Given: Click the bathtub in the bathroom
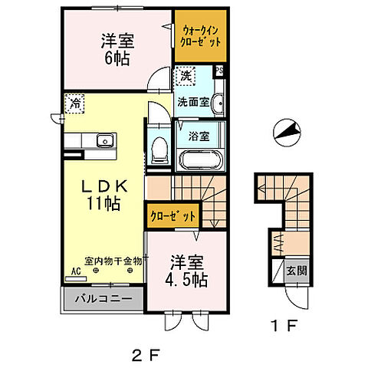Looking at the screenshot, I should tap(199, 161).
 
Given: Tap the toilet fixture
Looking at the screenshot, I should tap(159, 149).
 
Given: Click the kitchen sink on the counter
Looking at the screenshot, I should tap(104, 140).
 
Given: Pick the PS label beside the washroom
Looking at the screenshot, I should tap(220, 72).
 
